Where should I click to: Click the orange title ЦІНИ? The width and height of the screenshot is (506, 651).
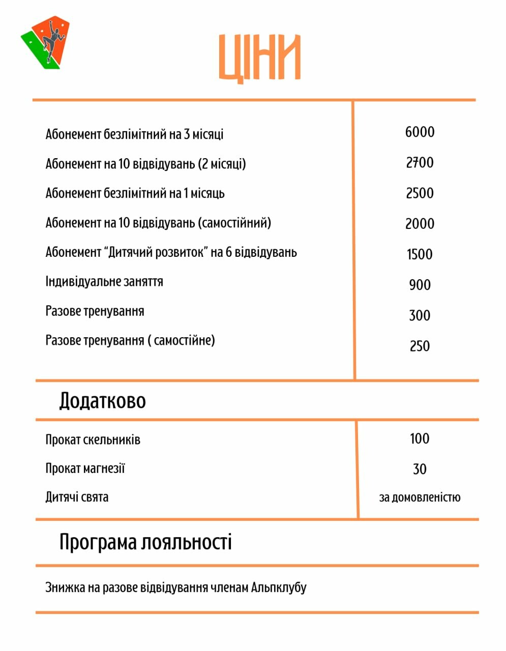260,57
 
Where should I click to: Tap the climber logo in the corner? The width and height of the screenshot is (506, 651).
46,43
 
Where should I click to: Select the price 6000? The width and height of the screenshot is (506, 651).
420,132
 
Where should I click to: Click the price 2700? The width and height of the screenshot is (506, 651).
420,163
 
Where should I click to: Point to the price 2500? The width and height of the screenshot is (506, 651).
420,193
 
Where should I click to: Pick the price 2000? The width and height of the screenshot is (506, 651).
420,224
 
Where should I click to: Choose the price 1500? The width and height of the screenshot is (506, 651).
420,254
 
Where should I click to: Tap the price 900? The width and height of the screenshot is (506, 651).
420,285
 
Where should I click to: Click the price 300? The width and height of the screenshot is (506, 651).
420,315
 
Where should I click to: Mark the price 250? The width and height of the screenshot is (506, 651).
420,346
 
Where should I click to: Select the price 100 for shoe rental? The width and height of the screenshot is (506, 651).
420,438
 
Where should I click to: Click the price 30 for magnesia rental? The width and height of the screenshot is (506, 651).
420,468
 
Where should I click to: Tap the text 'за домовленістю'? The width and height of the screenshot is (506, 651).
420,497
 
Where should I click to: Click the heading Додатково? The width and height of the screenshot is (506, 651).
102,401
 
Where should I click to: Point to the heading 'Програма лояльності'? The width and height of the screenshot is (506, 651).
145,542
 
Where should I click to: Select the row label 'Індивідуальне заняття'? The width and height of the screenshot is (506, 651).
104,282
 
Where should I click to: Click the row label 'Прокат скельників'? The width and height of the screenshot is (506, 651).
93,440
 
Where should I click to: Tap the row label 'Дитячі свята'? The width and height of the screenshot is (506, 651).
77,497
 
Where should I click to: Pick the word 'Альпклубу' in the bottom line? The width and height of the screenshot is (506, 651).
279,588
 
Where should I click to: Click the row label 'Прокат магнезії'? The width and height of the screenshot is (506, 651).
85,468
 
